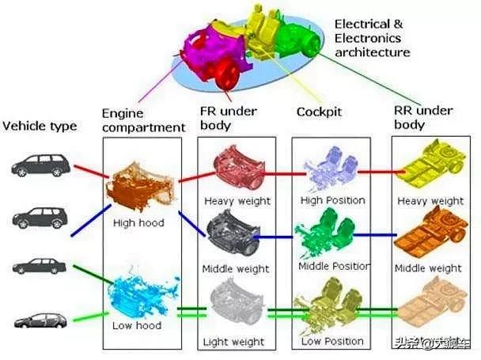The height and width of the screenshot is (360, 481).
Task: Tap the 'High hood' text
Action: coord(139,222)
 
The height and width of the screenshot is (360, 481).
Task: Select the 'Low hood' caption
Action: coord(137,325)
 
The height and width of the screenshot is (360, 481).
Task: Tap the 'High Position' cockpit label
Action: coord(332,200)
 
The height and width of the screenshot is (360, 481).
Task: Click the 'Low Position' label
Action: coord(333,341)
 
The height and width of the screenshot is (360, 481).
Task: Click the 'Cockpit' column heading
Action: coord(319,112)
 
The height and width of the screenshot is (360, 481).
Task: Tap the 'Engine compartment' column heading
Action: coord(143,119)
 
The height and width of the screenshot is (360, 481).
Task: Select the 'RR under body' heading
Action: coord(420,117)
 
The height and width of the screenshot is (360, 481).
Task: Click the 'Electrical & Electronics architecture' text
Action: coord(372,38)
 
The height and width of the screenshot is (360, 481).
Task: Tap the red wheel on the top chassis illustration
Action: coord(225,72)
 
